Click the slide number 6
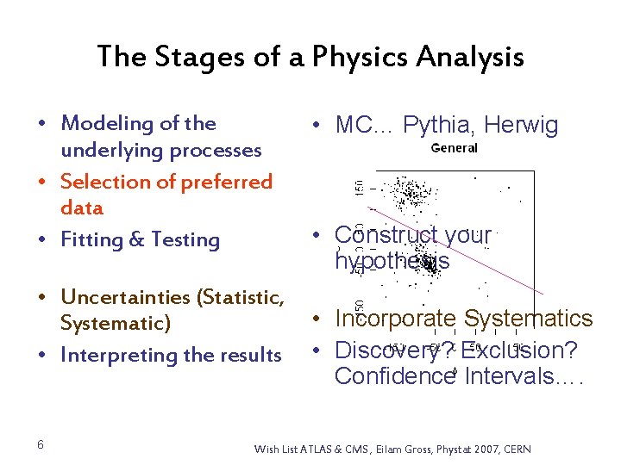(41, 444)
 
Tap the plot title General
(454, 148)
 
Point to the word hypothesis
(392, 261)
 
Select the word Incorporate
(395, 319)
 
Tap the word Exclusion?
(519, 350)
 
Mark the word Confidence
(396, 376)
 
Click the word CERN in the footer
(517, 449)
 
